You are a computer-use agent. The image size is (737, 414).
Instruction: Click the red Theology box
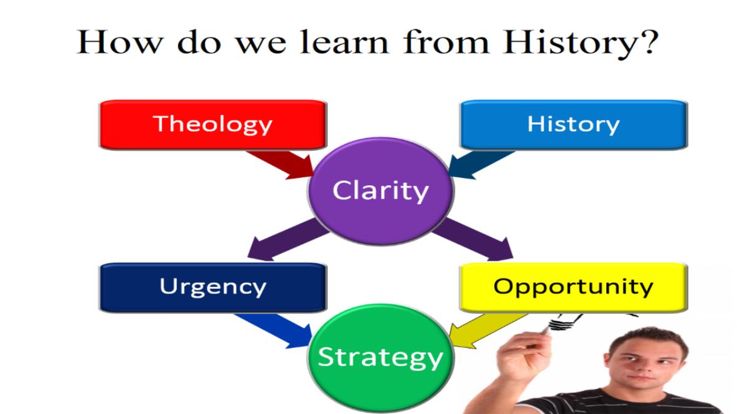point(213,125)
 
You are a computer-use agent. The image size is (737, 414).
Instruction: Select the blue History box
point(574,125)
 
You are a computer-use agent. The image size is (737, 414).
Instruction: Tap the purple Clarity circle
point(381,191)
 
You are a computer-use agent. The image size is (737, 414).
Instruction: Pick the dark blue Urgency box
point(213,287)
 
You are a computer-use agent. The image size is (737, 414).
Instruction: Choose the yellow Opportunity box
point(574,287)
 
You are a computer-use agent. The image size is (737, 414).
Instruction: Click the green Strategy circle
point(381,358)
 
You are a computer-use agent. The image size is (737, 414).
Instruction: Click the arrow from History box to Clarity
point(480,165)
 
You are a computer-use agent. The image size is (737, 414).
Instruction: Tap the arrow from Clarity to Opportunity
point(474,240)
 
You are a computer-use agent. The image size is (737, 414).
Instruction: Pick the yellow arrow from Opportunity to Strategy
point(487,331)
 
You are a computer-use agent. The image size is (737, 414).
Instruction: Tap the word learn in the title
point(344,42)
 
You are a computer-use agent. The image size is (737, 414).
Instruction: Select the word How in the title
point(120,42)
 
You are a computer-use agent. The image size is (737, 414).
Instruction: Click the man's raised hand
point(523,356)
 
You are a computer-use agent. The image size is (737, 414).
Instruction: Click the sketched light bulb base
point(561,324)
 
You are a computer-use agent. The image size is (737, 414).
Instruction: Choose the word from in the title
point(446,42)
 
